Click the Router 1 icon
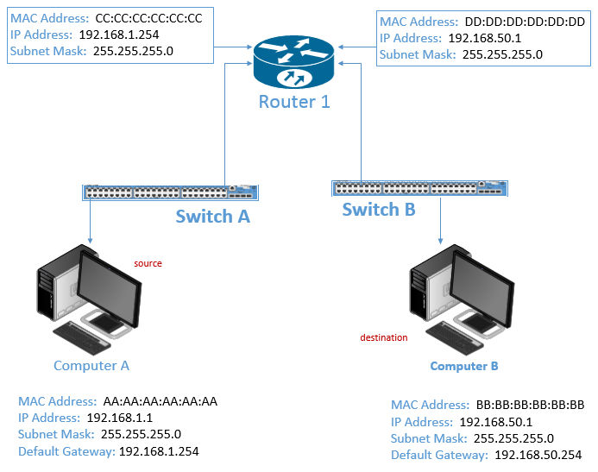tap(293, 60)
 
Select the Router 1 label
tap(294, 102)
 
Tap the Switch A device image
tap(170, 192)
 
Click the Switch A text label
tap(212, 216)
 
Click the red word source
tap(148, 263)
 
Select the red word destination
tap(384, 337)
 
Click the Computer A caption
tap(91, 365)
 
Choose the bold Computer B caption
tap(464, 366)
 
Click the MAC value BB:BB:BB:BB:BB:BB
tap(530, 405)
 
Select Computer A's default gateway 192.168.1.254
tap(159, 450)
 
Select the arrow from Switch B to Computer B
tap(442, 220)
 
